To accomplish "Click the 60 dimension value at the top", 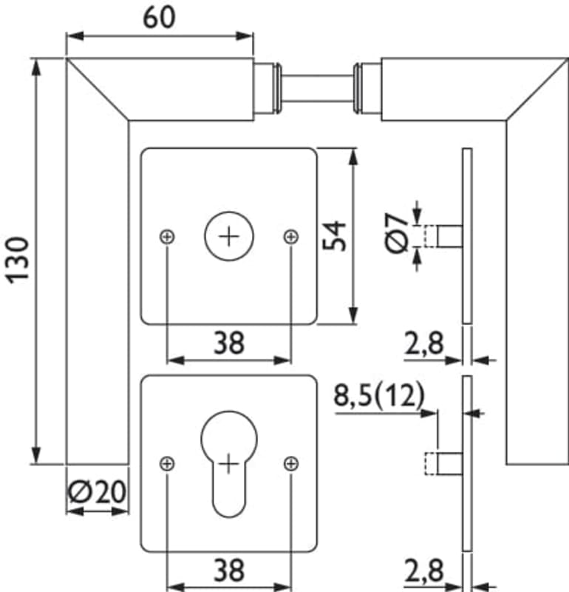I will pos(160,16).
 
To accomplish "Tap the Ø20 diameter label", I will pos(97,491).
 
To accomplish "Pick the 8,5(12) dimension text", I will pos(378,396).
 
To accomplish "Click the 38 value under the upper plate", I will pos(229,343).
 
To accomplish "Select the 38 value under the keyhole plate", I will pos(229,571).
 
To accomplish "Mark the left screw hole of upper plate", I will pos(168,236).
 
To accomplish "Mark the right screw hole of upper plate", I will pos(291,236).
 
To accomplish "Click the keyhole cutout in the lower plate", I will pos(229,459).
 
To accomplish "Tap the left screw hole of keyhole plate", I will pos(168,464).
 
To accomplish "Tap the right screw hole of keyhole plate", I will pos(291,464).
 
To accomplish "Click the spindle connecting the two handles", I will pos(318,89).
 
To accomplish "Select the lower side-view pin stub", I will pos(449,464).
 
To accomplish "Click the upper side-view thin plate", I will pos(466,235).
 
